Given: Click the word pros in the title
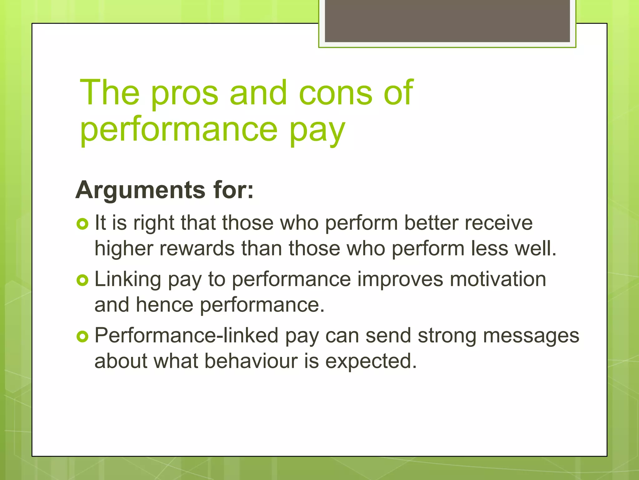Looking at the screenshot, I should [185, 94].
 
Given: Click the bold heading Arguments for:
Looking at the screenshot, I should [164, 190].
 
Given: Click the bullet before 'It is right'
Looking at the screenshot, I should [82, 224].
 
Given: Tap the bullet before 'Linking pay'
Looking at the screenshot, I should [82, 280].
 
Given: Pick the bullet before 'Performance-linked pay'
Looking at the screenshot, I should [82, 337].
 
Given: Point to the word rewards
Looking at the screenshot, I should [197, 248].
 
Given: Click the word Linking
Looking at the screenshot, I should [128, 279].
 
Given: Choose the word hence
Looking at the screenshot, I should [164, 305].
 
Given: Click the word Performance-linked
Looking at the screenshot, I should [186, 336].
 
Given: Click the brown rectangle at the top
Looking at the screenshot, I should [447, 21].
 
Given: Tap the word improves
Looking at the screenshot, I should [400, 279].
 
